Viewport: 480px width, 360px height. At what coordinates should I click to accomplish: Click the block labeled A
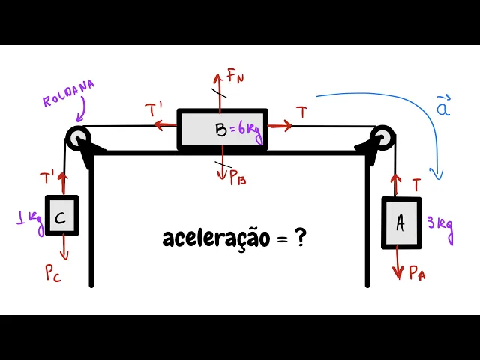401,222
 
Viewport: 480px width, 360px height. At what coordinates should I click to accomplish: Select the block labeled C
61,216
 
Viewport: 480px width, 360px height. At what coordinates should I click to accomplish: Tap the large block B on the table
222,130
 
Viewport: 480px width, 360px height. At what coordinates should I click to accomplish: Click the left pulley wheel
78,137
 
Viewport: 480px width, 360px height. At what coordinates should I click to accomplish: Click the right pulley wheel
382,138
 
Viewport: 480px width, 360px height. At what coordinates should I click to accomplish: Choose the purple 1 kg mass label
30,220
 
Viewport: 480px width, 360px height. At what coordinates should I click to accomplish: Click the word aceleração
215,238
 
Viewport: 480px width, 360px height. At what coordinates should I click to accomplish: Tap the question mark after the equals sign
300,238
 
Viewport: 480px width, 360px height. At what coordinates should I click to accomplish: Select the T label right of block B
301,113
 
